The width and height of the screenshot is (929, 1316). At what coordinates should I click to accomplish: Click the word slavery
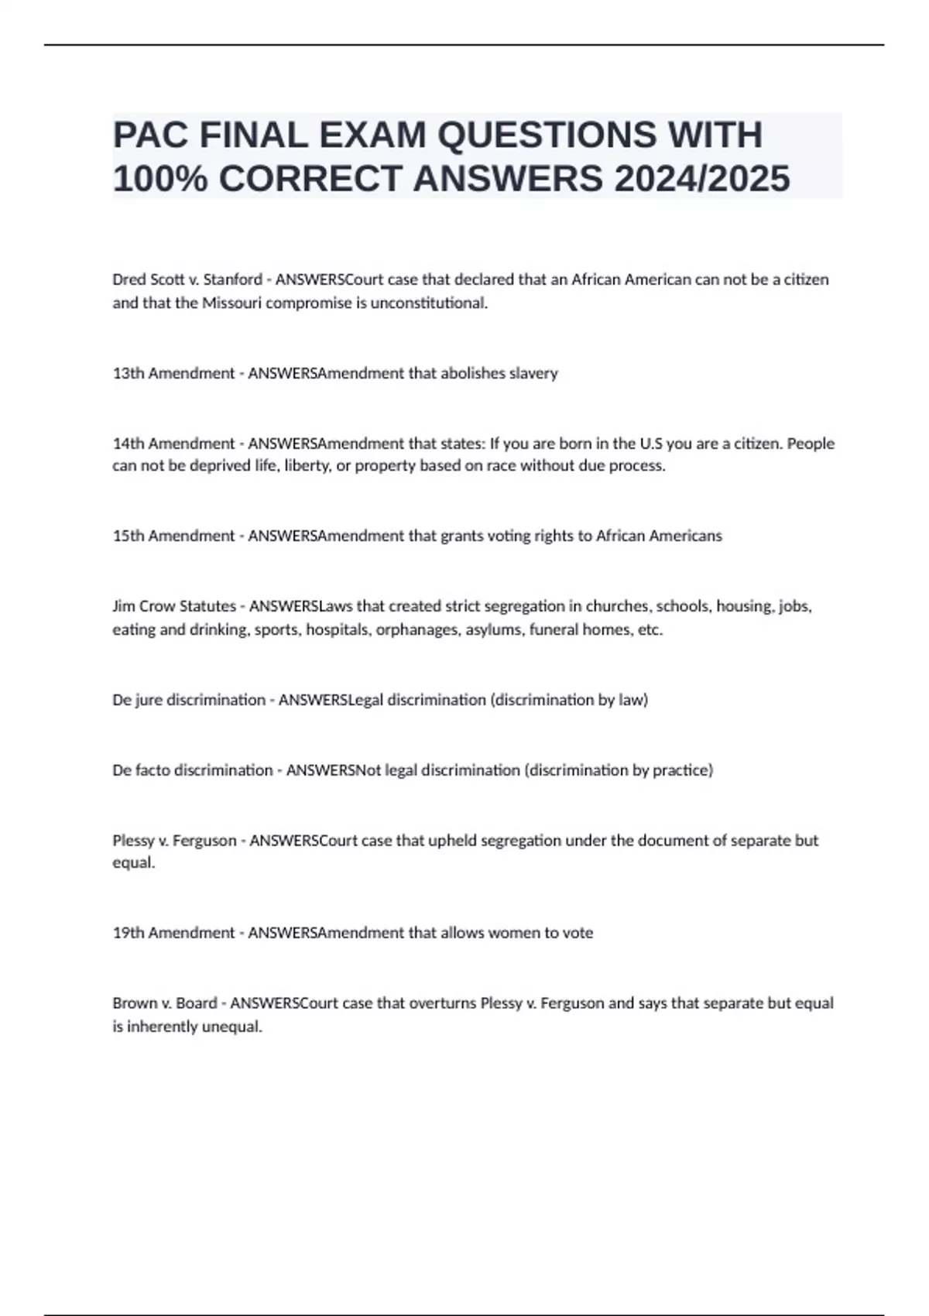click(x=532, y=373)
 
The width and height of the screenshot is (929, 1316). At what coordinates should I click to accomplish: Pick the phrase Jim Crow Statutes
click(x=174, y=606)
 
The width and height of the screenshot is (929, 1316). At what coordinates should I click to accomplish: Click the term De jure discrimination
click(x=189, y=700)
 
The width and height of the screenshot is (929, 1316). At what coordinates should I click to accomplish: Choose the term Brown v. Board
click(x=165, y=1003)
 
